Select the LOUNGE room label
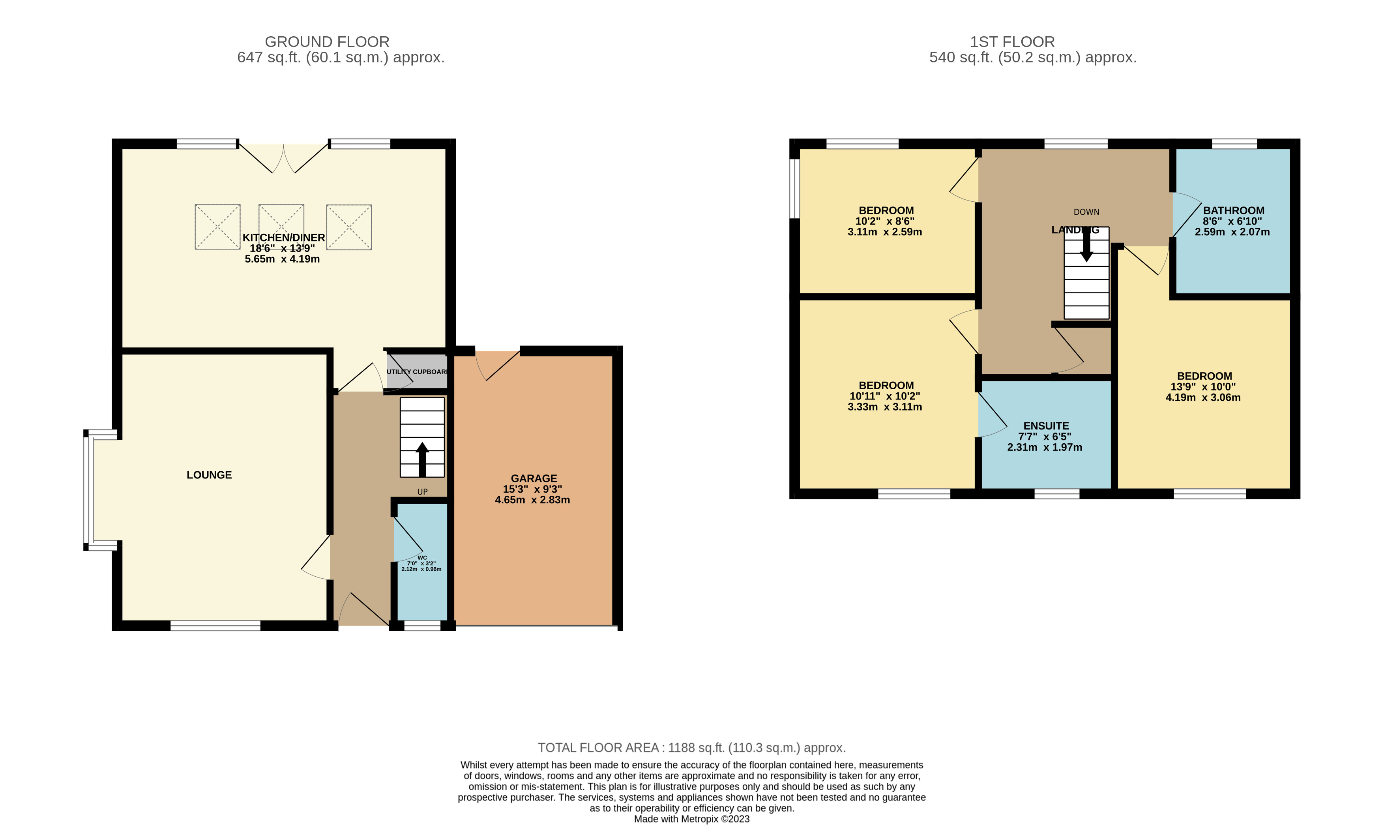click(x=209, y=475)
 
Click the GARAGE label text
click(x=534, y=478)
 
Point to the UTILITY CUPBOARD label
click(x=417, y=372)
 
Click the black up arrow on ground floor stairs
click(x=422, y=459)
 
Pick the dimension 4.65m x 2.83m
click(x=532, y=500)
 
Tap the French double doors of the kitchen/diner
click(x=283, y=158)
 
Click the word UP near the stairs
click(x=422, y=491)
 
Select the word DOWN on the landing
click(x=1086, y=212)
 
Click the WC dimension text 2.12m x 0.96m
click(x=421, y=569)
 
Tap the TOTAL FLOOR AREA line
click(x=691, y=748)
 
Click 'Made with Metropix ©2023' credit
click(x=691, y=819)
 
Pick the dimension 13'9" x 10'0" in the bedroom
click(x=1203, y=387)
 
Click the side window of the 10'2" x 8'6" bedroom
click(x=795, y=189)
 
